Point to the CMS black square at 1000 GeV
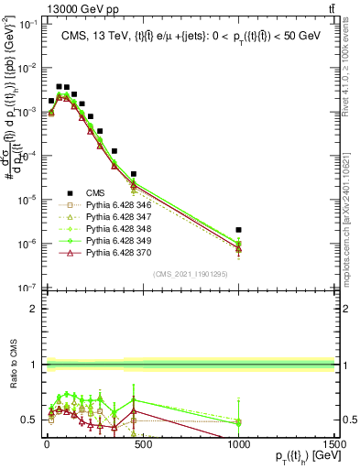(x=238, y=230)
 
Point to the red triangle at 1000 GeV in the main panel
(x=238, y=247)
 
